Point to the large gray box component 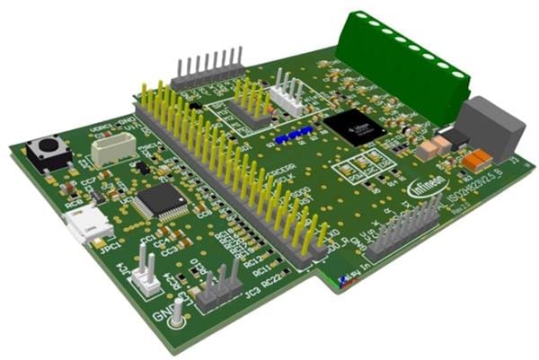pos(491,126)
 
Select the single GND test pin pos(179,313)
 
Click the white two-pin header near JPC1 pos(146,274)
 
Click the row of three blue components pos(294,136)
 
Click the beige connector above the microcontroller pos(111,148)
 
